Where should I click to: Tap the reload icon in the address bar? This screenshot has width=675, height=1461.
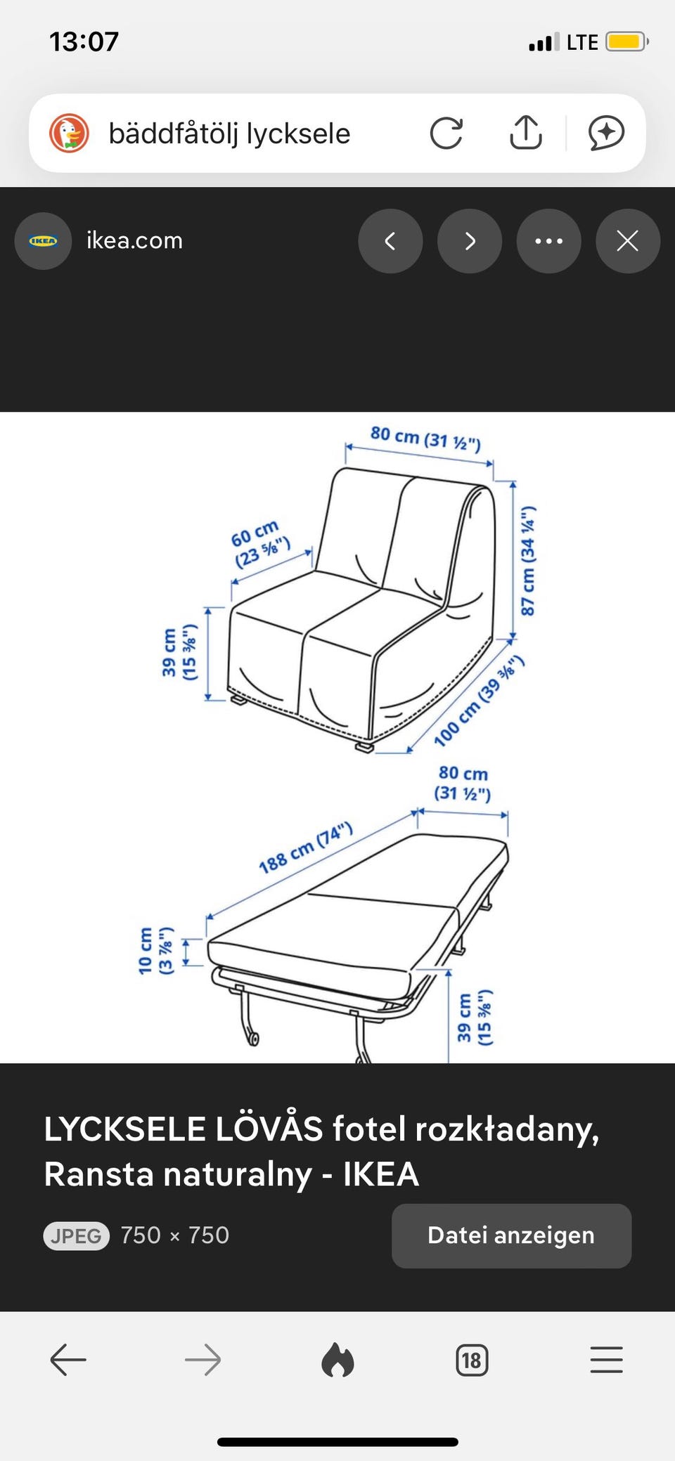[446, 133]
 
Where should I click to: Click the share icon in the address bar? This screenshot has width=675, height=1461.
[526, 131]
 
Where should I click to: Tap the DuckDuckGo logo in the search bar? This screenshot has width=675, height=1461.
[69, 133]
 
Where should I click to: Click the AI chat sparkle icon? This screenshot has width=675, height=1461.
[606, 132]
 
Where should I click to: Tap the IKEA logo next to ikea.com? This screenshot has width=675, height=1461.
[43, 241]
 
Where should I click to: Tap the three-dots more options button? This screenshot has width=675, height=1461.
[548, 241]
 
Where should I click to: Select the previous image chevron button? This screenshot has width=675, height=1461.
[390, 241]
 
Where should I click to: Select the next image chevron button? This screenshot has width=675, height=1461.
[470, 241]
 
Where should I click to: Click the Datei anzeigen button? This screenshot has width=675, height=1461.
[511, 1235]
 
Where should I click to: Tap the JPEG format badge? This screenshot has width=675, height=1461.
[77, 1235]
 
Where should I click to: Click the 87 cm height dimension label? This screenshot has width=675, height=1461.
[527, 560]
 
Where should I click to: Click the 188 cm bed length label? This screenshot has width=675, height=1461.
[305, 848]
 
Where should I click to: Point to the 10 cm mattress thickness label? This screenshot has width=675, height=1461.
[155, 951]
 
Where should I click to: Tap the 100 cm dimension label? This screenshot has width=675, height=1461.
[479, 700]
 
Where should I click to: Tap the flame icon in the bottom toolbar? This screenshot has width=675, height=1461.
[337, 1360]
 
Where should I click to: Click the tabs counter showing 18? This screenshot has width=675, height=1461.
[472, 1361]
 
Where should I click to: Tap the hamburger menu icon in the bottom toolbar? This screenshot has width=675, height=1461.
[606, 1360]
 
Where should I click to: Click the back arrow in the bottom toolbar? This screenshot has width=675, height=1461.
[68, 1360]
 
